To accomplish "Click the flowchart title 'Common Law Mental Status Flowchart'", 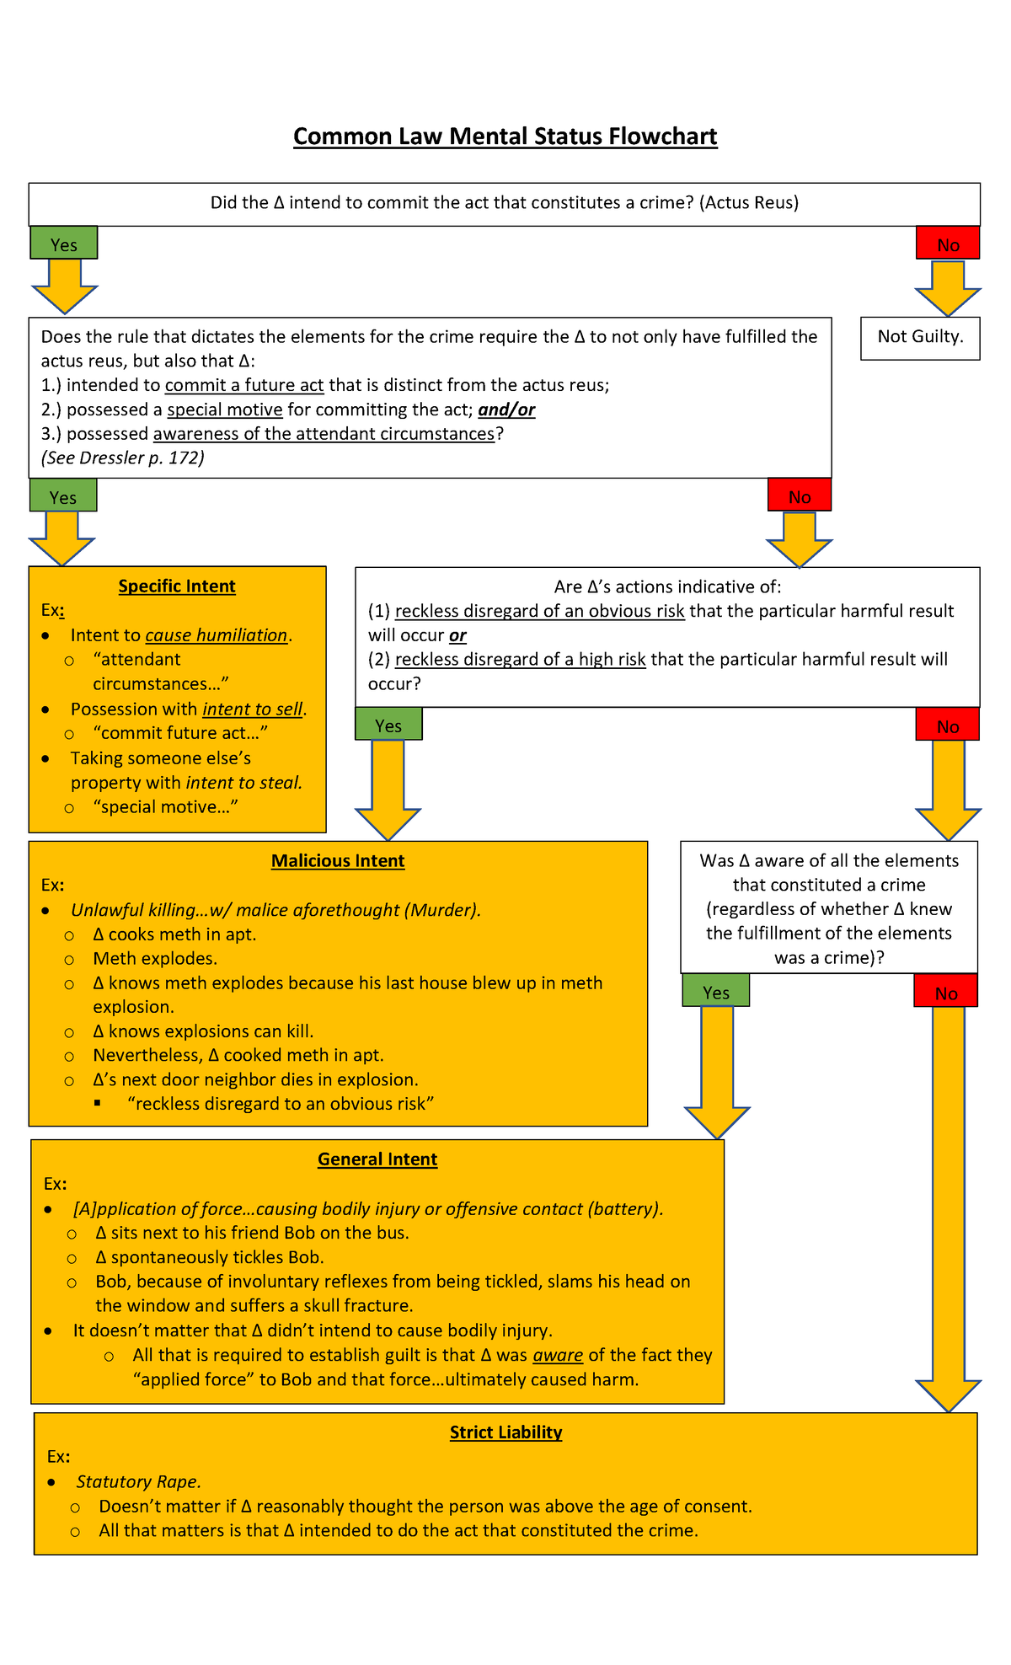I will coord(505,137).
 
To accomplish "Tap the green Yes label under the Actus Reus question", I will coord(64,244).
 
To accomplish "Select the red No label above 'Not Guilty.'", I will coord(948,244).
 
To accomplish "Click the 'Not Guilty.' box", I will coord(920,337).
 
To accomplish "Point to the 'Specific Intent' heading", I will coord(177,586).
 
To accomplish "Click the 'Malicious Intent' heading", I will coord(338,861).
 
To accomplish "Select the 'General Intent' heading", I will coord(377,1159).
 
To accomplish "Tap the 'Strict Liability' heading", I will coord(505,1432).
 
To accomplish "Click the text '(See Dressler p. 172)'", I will coord(123,458).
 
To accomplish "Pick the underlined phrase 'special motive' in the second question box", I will coord(225,410).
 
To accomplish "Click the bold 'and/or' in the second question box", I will coord(506,410).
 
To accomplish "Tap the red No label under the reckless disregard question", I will coord(948,725).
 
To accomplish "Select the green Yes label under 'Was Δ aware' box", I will coord(716,992).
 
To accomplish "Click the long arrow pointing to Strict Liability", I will coord(948,1205).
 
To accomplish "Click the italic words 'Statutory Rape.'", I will coord(138,1481).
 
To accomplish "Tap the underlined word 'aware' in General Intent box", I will coord(558,1355).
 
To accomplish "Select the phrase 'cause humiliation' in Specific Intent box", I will coord(217,635).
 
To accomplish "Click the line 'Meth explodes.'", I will coord(155,959).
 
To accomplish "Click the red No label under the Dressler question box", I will coord(800,495).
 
